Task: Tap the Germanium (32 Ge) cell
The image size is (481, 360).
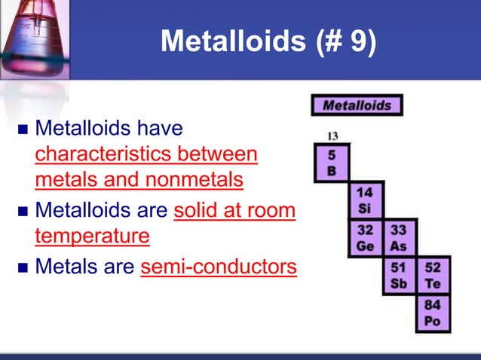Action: [365, 237]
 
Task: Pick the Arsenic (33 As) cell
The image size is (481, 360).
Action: [398, 237]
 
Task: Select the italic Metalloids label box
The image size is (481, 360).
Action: [357, 105]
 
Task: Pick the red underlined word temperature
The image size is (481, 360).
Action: [92, 236]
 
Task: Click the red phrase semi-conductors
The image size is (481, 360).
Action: [219, 267]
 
